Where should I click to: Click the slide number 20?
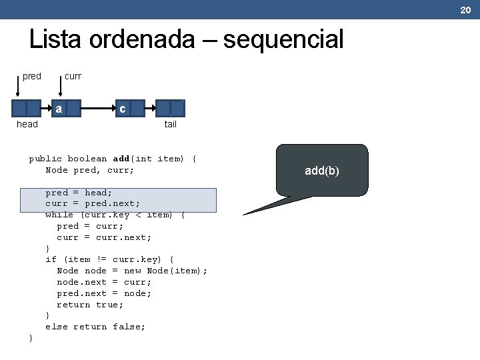click(465, 9)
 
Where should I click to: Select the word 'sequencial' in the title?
click(283, 40)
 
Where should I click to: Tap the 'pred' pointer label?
click(31, 76)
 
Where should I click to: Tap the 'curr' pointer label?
click(73, 76)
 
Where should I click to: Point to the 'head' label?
click(27, 124)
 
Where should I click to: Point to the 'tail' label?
click(171, 124)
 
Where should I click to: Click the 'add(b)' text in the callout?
click(322, 171)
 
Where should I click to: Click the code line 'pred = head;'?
click(79, 193)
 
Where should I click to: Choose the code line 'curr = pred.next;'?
click(93, 203)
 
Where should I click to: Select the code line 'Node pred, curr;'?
click(89, 170)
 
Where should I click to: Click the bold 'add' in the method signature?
click(121, 159)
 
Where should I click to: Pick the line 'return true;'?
click(90, 304)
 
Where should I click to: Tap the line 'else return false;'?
click(95, 327)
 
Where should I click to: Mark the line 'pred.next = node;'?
click(104, 293)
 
